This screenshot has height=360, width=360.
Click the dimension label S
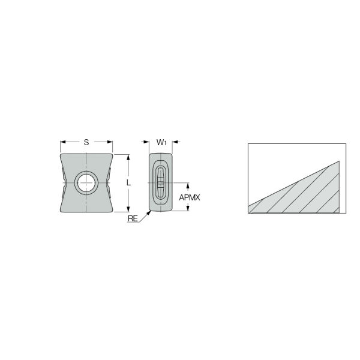[x=86, y=142]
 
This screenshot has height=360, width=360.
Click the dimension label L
[x=129, y=183]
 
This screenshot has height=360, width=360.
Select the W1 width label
[x=161, y=142]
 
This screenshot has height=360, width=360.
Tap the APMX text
[x=190, y=197]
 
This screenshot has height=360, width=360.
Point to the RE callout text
[x=133, y=218]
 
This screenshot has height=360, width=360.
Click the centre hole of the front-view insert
[x=86, y=183]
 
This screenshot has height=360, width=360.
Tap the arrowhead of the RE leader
[x=149, y=212]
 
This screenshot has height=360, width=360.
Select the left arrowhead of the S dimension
[x=63, y=142]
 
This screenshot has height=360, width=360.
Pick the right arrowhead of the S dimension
[x=110, y=142]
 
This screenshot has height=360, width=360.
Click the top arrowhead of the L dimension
[x=128, y=157]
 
